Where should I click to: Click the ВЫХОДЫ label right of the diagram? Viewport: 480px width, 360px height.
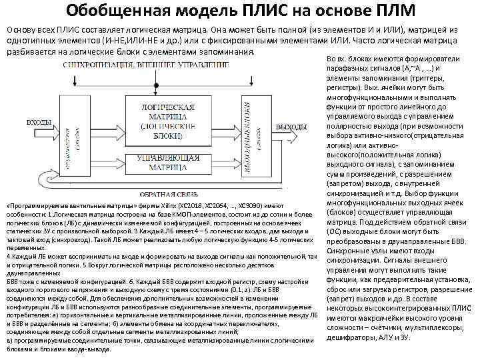(291, 127)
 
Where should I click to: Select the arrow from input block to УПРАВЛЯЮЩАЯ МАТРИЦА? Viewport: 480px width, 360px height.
(116, 161)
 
